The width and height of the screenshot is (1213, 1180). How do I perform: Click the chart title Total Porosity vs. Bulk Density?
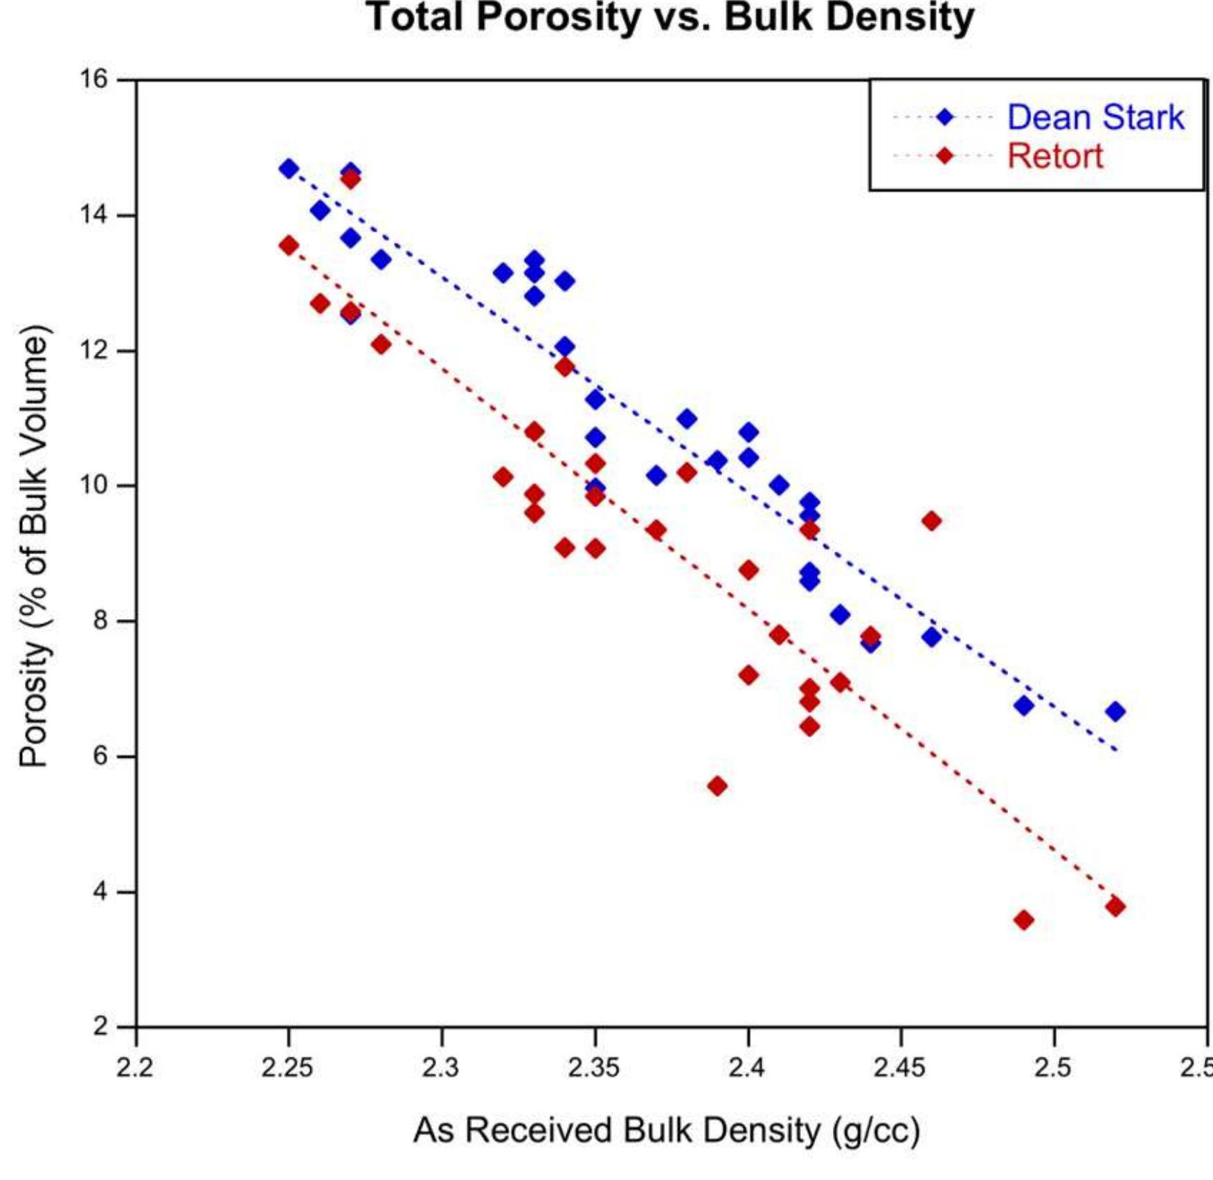(670, 18)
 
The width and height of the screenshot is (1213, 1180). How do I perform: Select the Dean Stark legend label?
(1095, 117)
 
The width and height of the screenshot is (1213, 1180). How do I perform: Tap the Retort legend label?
(1054, 157)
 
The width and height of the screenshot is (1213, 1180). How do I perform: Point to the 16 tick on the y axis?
(94, 80)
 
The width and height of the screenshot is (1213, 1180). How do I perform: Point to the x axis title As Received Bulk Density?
(666, 1131)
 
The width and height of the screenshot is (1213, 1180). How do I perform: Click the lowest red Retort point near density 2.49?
(1024, 920)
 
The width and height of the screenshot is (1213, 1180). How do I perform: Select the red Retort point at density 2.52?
(1115, 906)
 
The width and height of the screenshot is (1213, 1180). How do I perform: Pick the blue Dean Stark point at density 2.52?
(1115, 711)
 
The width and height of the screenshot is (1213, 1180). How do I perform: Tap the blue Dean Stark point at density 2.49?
(1024, 706)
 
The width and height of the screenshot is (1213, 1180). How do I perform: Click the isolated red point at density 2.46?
(932, 521)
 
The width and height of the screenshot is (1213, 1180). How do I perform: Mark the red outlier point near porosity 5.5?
(717, 786)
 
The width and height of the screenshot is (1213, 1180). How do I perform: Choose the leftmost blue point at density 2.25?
(289, 168)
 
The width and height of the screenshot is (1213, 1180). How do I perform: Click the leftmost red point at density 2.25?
(289, 245)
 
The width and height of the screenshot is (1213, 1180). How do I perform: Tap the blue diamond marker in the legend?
(944, 117)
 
